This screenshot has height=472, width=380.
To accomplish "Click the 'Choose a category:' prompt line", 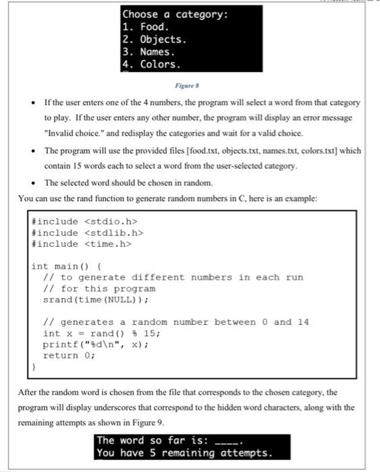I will pyautogui.click(x=175, y=14).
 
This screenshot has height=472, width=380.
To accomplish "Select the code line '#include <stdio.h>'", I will pyautogui.click(x=86, y=222).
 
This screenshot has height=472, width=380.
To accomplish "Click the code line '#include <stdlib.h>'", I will pyautogui.click(x=88, y=233).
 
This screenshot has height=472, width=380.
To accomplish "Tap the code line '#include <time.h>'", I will pyautogui.click(x=83, y=243).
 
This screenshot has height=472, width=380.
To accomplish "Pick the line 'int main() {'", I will pyautogui.click(x=67, y=266).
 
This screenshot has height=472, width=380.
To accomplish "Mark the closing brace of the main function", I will pyautogui.click(x=34, y=367).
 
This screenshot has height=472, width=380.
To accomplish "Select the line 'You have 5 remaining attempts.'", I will pyautogui.click(x=184, y=452).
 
